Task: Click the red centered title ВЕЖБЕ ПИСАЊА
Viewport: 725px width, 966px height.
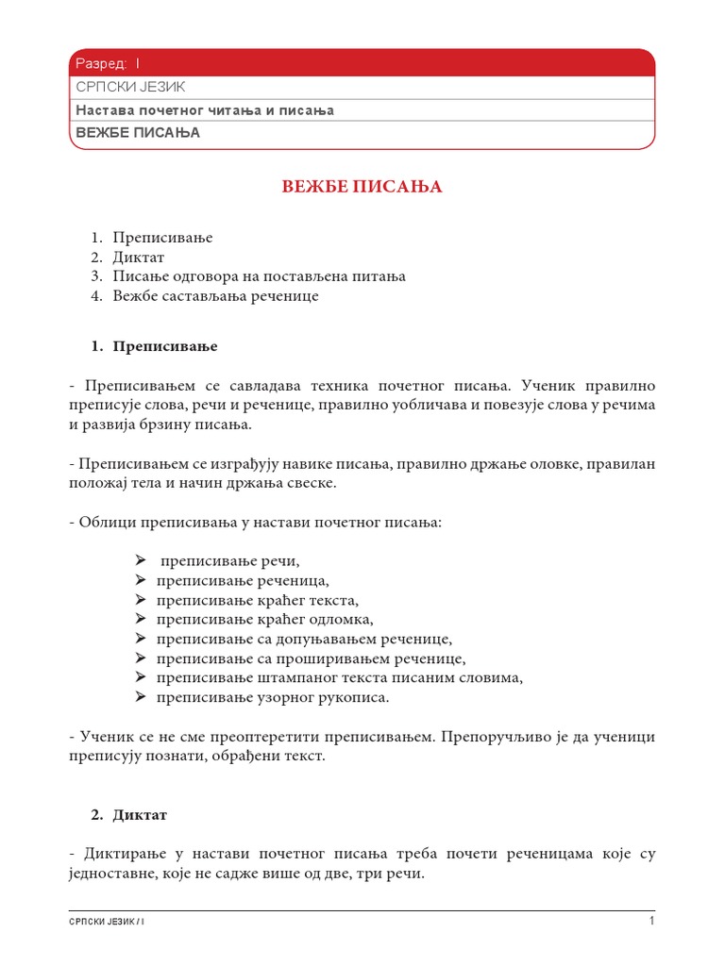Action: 362,187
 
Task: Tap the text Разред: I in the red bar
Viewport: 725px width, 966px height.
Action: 107,63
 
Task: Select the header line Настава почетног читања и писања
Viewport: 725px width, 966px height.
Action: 205,110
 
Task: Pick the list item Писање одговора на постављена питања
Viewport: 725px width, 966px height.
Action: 259,276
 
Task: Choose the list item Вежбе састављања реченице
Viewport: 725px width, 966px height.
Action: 216,296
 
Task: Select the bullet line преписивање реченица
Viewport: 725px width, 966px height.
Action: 243,580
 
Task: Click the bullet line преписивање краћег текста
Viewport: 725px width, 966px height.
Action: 257,600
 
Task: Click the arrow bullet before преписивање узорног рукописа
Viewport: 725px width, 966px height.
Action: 140,697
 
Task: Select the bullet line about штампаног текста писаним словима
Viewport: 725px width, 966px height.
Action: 339,677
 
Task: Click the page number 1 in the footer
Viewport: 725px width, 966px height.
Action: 650,921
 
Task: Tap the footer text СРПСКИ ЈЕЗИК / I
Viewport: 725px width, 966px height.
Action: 108,922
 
